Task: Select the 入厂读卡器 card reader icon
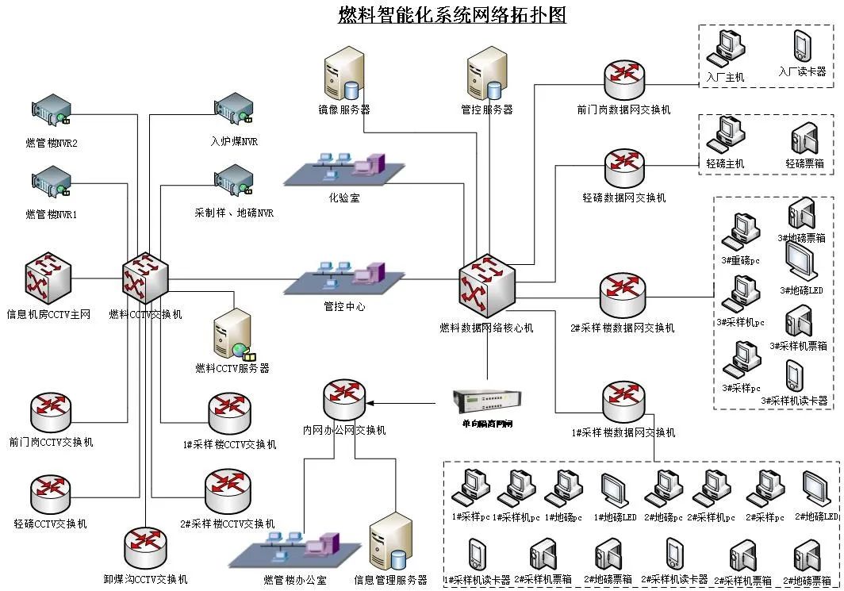(802, 47)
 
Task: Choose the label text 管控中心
(344, 305)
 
